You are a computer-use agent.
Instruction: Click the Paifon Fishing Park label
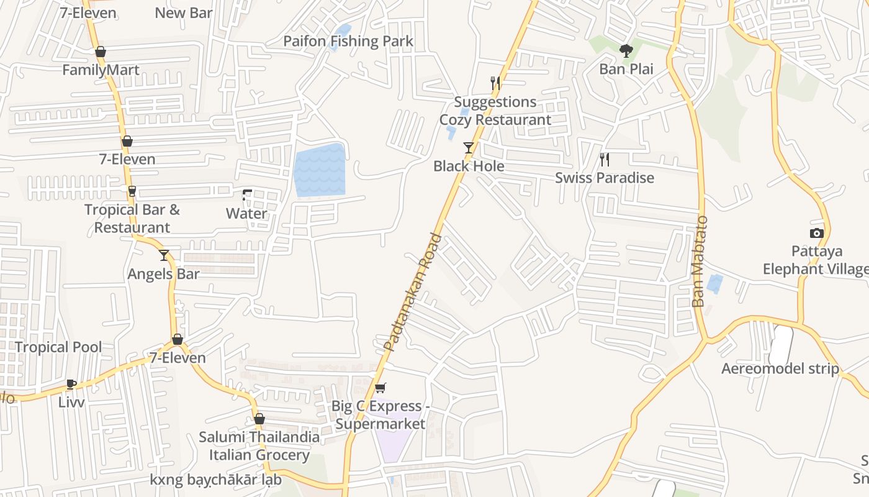348,42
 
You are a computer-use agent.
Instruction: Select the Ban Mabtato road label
699,261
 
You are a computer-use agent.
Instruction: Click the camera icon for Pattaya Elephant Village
817,234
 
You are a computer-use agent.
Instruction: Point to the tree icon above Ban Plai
626,51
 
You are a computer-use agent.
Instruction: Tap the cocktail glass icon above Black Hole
469,148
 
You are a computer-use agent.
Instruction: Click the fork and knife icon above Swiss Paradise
605,160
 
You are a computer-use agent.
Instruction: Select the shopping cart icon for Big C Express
380,388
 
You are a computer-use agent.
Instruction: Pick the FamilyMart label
101,70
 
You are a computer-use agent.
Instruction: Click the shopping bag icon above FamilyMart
101,52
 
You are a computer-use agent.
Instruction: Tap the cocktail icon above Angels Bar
164,255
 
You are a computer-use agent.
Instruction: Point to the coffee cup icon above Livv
71,384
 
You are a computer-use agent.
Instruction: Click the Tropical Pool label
58,347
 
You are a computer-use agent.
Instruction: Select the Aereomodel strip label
780,369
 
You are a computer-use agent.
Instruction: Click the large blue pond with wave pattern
320,170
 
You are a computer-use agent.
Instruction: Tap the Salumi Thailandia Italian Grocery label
259,446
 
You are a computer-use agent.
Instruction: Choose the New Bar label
184,13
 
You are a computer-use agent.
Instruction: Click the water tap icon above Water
247,195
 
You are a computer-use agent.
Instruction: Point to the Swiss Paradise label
605,178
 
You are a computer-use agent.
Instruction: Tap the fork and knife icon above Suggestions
495,83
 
